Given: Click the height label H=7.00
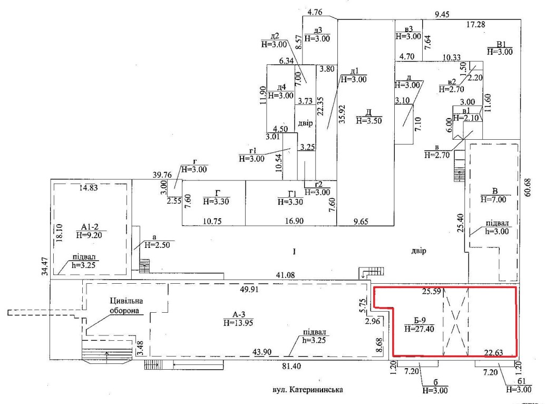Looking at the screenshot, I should pyautogui.click(x=492, y=200).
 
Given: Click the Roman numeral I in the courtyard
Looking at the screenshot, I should pyautogui.click(x=295, y=253).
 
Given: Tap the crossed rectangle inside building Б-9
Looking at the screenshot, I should pyautogui.click(x=455, y=322).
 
